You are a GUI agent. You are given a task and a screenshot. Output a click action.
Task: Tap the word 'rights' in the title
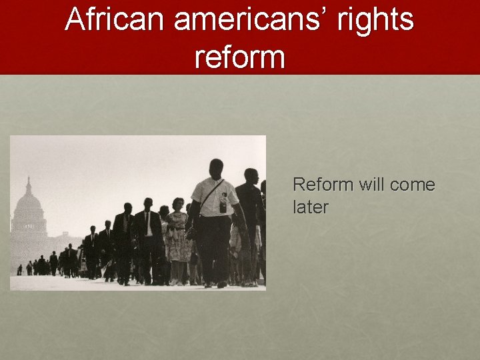coord(376,20)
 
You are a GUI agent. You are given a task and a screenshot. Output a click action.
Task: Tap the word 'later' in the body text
coord(311,207)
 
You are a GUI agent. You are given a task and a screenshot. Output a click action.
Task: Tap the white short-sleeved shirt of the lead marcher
coord(214,198)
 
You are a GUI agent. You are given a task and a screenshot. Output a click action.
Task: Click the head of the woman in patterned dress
coord(178,204)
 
